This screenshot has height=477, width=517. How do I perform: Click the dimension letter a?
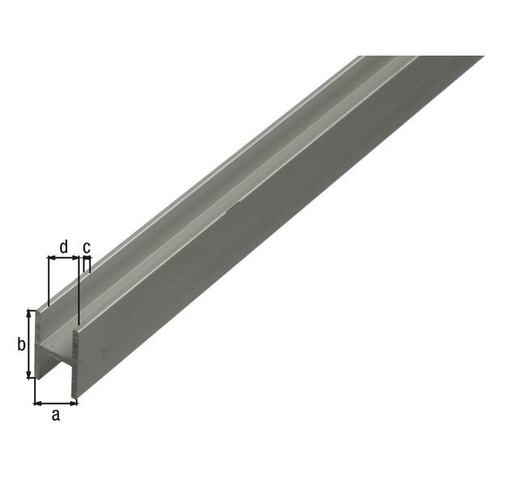[x=55, y=416]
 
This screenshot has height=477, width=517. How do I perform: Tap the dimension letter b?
[x=21, y=345]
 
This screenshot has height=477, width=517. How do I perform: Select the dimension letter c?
[x=86, y=244]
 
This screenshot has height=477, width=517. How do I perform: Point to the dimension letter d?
[x=64, y=244]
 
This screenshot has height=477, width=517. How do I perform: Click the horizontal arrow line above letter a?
[x=56, y=401]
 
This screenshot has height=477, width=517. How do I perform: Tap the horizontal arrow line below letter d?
[x=63, y=258]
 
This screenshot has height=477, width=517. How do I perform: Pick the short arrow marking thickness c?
[x=84, y=258]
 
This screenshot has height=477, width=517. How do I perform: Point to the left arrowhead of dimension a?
[x=37, y=401]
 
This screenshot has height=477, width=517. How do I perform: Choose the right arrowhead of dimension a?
[x=74, y=401]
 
